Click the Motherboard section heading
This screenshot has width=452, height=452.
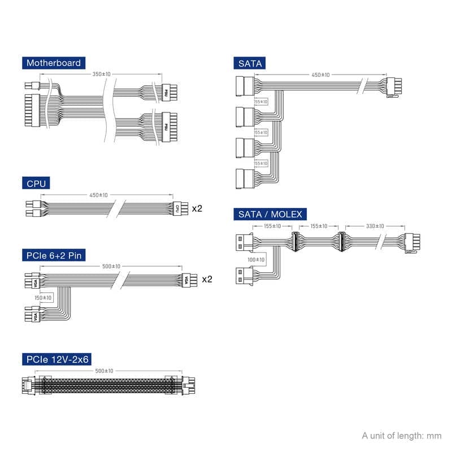coord(54,63)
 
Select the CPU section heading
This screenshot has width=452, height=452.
coord(36,182)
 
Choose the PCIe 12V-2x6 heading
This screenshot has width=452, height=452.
coord(57,359)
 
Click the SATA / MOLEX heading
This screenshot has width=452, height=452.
coord(270,214)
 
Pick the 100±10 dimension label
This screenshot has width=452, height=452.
coord(255,260)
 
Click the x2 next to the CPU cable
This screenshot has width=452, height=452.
coord(197,208)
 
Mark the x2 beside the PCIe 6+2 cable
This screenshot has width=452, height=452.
coord(207,279)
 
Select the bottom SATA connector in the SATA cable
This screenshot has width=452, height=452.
coord(243,179)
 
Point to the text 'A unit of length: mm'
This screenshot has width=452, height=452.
coord(401,436)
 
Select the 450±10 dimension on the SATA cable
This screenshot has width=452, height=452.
coord(320,75)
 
